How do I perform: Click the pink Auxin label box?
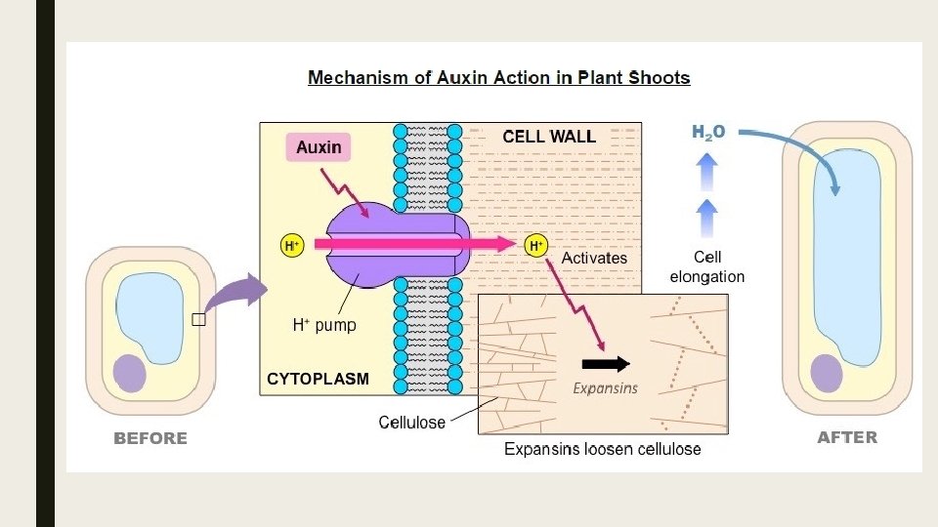tap(320, 147)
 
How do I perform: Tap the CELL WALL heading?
tap(548, 137)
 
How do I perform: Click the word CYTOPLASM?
tap(318, 379)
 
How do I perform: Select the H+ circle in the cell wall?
tap(535, 247)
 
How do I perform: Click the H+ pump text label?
tap(324, 326)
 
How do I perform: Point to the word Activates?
tap(594, 258)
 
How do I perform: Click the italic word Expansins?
tap(604, 387)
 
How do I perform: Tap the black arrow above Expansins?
tap(613, 365)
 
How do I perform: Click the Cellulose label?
tap(411, 423)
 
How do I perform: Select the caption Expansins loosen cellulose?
tap(602, 449)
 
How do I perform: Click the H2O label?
tap(708, 132)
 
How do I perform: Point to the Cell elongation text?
tap(707, 266)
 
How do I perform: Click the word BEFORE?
tap(150, 438)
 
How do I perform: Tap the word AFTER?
tap(846, 437)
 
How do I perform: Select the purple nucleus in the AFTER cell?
tap(827, 374)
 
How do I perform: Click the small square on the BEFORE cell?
tap(198, 319)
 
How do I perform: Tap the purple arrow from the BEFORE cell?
tap(236, 295)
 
